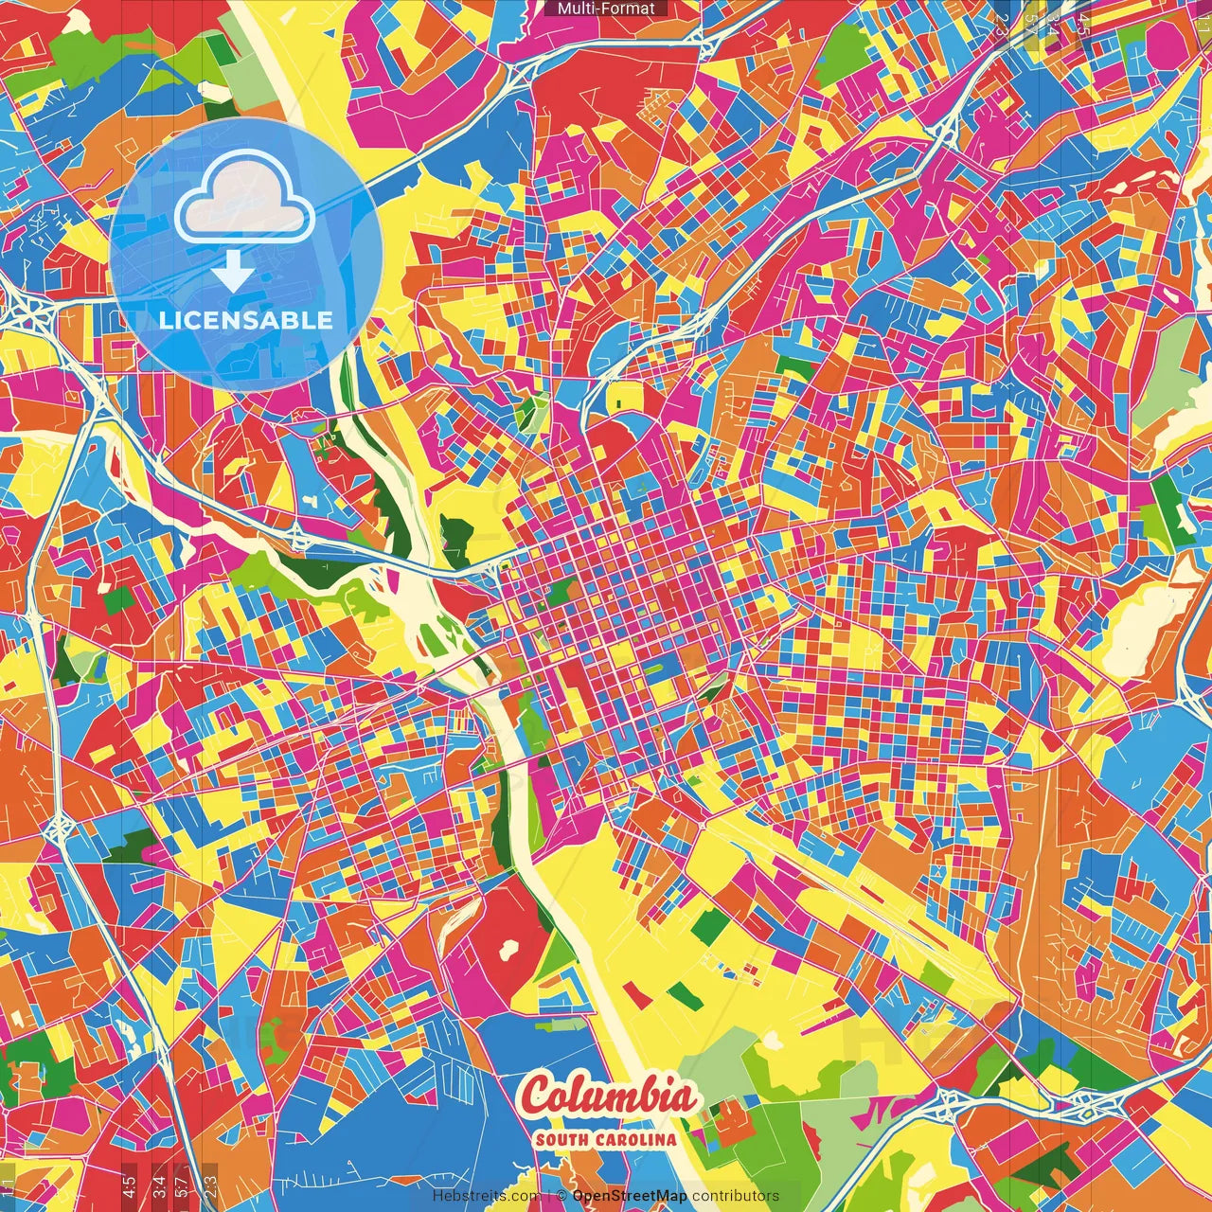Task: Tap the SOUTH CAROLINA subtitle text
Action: click(x=606, y=1139)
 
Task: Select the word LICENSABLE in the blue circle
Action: click(x=246, y=320)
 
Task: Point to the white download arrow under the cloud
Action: click(x=232, y=271)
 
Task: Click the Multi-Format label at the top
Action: click(x=606, y=9)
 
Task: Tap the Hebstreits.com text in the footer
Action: click(x=486, y=1196)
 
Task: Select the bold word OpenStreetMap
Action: click(x=630, y=1196)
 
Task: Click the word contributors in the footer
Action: click(x=736, y=1196)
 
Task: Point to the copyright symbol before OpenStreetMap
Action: click(x=561, y=1196)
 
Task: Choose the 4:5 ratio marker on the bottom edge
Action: click(x=129, y=1185)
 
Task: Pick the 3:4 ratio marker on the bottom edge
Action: click(x=159, y=1185)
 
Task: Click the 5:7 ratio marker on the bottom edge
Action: click(x=181, y=1185)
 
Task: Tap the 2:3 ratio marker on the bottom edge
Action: click(x=210, y=1185)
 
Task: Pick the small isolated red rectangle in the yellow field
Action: click(x=636, y=995)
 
